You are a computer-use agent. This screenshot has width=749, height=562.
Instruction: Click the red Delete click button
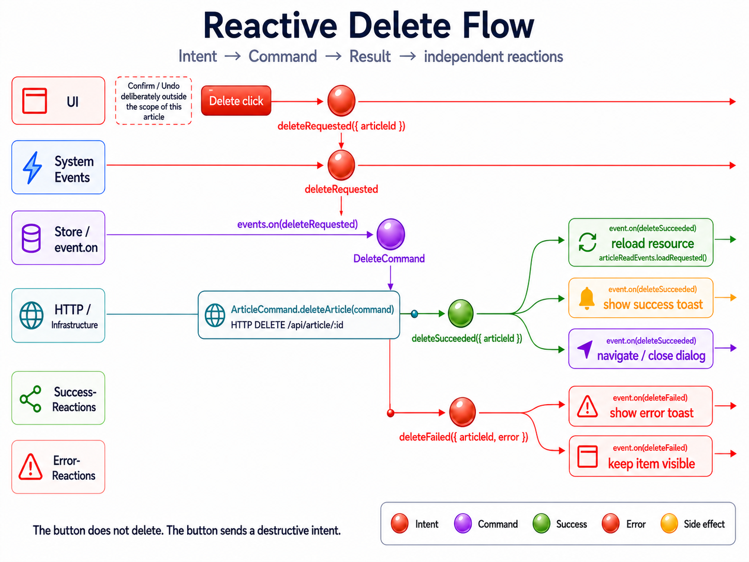tap(236, 101)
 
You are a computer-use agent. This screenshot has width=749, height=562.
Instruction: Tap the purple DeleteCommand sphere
tap(391, 234)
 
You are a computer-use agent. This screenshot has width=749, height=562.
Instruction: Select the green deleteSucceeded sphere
tap(461, 313)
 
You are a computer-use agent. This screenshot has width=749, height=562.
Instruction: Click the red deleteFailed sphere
tap(462, 412)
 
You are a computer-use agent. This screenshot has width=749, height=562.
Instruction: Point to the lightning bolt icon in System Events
tap(32, 168)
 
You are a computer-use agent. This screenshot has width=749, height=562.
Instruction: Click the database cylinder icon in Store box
tap(32, 238)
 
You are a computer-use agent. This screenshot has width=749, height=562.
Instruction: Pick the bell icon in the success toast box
tap(587, 299)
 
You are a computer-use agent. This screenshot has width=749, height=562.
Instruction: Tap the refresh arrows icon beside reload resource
tap(588, 242)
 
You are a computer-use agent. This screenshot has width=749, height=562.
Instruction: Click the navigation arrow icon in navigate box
tap(585, 349)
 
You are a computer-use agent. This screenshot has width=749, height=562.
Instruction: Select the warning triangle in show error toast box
tap(587, 406)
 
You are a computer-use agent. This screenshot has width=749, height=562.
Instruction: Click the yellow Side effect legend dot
tap(669, 523)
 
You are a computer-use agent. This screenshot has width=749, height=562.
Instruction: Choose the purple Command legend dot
tap(463, 523)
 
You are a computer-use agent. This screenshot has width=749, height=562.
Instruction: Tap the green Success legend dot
tap(542, 523)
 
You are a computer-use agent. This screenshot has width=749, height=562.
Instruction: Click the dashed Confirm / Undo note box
tap(154, 101)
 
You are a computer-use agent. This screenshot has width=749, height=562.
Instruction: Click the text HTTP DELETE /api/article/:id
tap(287, 325)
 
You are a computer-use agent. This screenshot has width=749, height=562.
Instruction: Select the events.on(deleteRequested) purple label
tap(297, 224)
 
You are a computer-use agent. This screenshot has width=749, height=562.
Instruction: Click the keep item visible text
tap(651, 464)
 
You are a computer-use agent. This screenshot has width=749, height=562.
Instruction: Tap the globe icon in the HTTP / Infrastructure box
tap(32, 315)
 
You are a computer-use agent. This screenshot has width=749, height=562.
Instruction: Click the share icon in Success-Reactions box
tap(31, 399)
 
